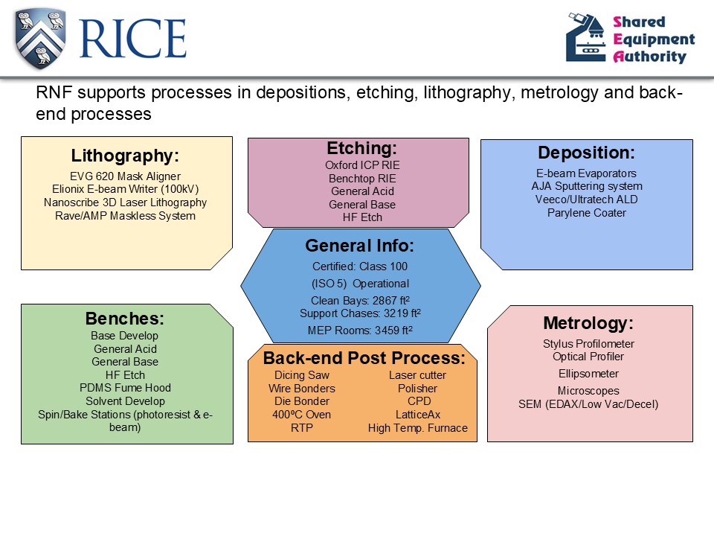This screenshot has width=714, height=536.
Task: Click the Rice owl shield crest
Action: coord(40,39)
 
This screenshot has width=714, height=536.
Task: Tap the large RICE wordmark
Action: coord(133,39)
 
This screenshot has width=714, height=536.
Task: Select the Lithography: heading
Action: coord(125,156)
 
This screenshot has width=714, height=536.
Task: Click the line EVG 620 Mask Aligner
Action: coord(125,176)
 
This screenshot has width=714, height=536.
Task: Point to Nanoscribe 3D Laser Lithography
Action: coord(125,202)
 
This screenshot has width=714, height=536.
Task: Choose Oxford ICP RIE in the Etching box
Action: coord(362,165)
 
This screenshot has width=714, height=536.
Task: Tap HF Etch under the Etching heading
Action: coord(362,217)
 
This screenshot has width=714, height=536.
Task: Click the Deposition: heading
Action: coord(587,153)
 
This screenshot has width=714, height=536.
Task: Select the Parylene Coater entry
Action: coord(587,213)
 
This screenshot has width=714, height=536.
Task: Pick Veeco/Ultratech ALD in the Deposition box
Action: coord(587,200)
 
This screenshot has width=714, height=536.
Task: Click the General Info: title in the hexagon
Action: coord(360,246)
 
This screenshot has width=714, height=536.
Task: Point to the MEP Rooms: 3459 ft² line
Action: coord(360,330)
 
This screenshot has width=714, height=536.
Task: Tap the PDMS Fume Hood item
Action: coord(125,388)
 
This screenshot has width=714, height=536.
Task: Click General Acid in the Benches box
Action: coord(125,349)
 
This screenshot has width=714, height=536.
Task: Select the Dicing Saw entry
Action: coord(301,375)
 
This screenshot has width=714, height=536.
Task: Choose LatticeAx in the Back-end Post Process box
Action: coord(418,415)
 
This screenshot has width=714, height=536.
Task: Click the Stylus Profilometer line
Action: coord(588,344)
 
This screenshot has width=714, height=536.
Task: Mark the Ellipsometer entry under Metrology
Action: coord(588,374)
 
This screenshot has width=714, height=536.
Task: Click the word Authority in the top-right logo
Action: coord(649,57)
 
